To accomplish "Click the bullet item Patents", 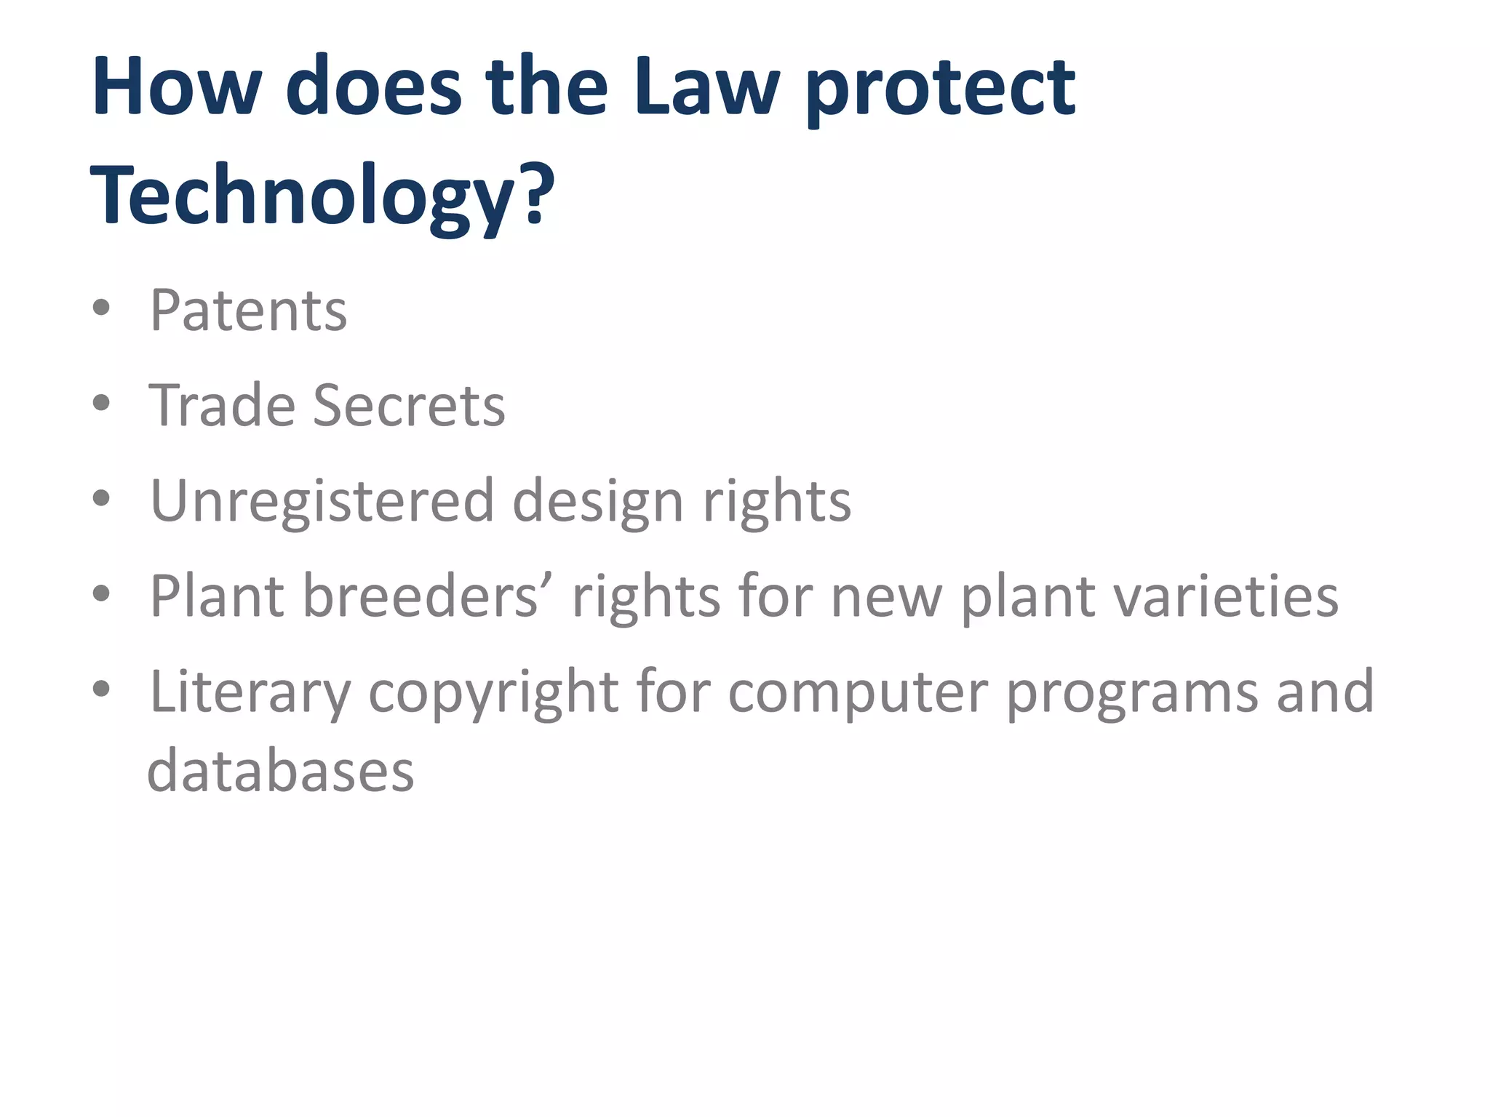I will [x=248, y=311].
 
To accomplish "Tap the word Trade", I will [x=222, y=405].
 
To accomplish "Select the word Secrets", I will [x=408, y=405].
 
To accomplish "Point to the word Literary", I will [x=250, y=693].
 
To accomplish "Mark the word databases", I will [x=281, y=772].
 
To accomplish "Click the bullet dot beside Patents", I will [x=102, y=308].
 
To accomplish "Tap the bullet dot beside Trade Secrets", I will [x=102, y=402].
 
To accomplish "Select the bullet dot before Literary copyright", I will [x=102, y=689].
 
